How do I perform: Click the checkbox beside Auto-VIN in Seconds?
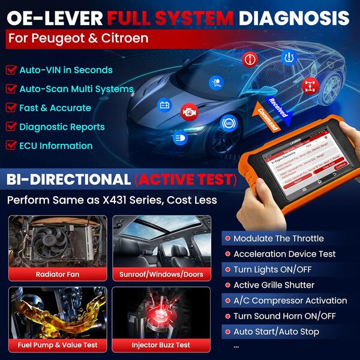coord(11,70)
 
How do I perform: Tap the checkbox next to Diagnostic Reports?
coord(11,127)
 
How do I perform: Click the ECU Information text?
coord(56,146)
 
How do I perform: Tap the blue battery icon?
coord(164,106)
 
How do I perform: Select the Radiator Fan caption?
coord(58,274)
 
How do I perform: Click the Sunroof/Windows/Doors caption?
coord(161,274)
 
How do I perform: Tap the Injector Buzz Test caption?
coord(161,345)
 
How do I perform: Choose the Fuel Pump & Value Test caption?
coord(58,345)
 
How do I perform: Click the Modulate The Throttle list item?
coord(278,239)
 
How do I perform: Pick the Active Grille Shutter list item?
coord(274,285)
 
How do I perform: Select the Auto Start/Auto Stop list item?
coord(276,331)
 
